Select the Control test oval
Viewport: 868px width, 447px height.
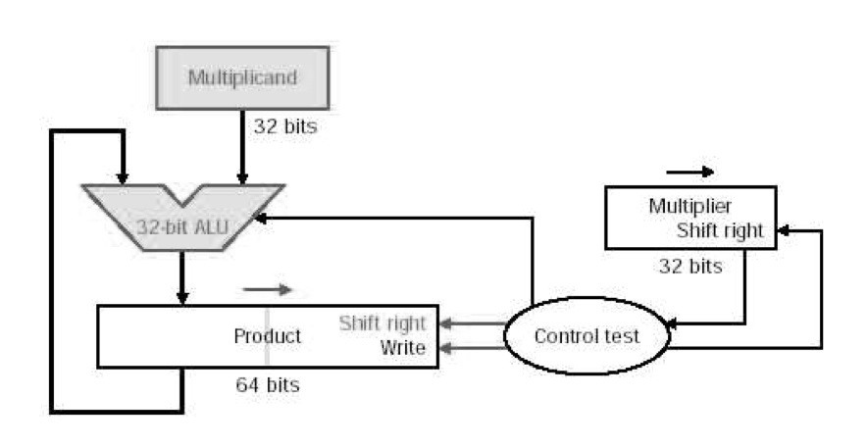coord(587,336)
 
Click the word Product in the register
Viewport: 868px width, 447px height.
coord(267,336)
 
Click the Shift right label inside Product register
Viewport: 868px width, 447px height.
coord(383,323)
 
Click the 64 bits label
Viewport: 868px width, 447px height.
coord(268,384)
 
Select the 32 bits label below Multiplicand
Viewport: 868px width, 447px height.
coord(285,126)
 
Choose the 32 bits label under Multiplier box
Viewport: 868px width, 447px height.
coord(690,266)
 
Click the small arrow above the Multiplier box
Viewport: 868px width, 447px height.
coord(690,173)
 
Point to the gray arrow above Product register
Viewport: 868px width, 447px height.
coord(268,289)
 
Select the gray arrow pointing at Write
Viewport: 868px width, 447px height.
coord(471,348)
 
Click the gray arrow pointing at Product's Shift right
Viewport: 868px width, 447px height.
coord(471,323)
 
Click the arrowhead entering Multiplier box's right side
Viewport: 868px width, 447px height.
coord(783,231)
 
